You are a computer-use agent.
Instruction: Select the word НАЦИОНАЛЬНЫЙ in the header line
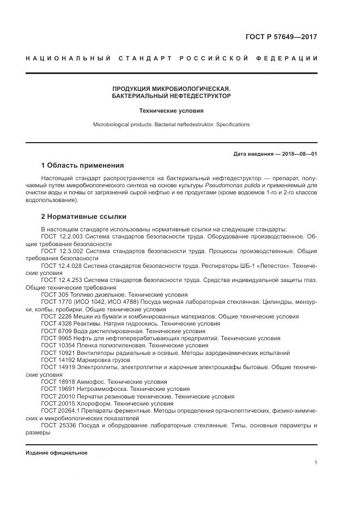tap(69, 58)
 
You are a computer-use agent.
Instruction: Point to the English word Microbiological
tap(112, 125)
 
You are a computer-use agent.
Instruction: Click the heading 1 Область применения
tap(82, 165)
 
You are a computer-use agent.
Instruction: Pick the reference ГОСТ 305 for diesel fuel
tap(53, 294)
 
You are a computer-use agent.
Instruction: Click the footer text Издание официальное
tap(57, 453)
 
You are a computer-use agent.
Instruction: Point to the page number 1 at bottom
tap(315, 463)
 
